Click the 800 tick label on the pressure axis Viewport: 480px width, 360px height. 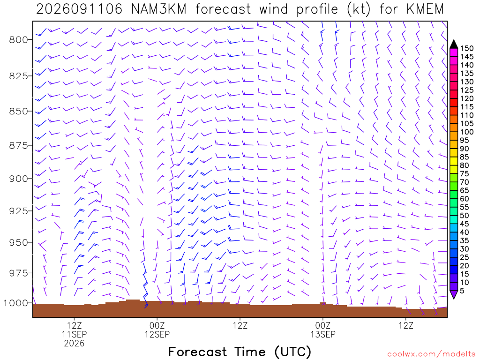pyautogui.click(x=18, y=40)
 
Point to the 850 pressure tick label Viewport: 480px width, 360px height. pyautogui.click(x=18, y=112)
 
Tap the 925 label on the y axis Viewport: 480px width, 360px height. pyautogui.click(x=18, y=211)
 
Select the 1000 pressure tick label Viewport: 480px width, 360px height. pyautogui.click(x=15, y=303)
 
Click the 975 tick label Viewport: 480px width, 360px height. pyautogui.click(x=18, y=273)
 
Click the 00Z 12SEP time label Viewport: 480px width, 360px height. pyautogui.click(x=157, y=330)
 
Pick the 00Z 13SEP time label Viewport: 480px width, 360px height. pyautogui.click(x=323, y=330)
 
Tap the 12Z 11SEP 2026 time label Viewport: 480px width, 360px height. pyautogui.click(x=75, y=334)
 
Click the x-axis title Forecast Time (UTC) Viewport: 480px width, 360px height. pyautogui.click(x=240, y=352)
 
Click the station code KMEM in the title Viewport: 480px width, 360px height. pyautogui.click(x=425, y=9)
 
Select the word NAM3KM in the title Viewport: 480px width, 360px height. pyautogui.click(x=159, y=9)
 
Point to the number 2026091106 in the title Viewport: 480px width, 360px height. pyautogui.click(x=79, y=9)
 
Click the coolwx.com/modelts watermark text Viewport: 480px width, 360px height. pyautogui.click(x=431, y=354)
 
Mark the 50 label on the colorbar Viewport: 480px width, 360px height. pyautogui.click(x=465, y=216)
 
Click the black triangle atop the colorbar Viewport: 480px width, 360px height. pyautogui.click(x=454, y=45)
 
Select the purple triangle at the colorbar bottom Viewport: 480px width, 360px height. pyautogui.click(x=454, y=294)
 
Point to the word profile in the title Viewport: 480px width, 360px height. pyautogui.click(x=317, y=9)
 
